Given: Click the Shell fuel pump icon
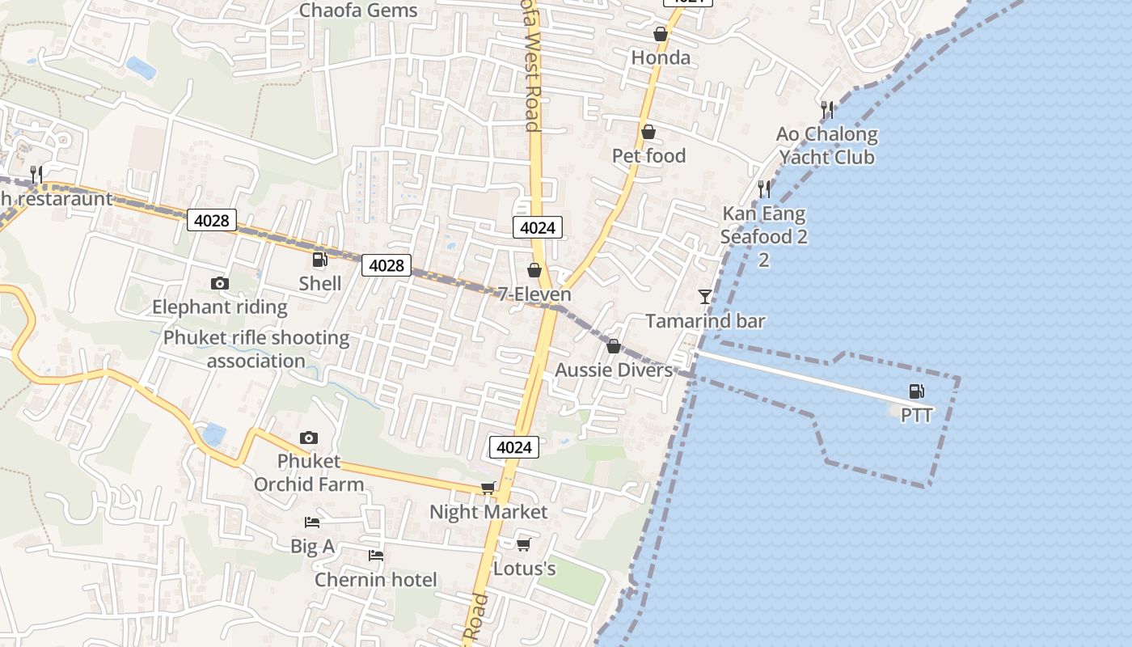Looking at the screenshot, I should (319, 260).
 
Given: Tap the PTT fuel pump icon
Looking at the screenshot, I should (916, 392).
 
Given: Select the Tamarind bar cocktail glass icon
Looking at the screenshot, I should (705, 297).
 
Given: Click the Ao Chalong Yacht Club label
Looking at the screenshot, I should (826, 146).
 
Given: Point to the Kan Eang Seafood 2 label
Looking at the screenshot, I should (763, 226).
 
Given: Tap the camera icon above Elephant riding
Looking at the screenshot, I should (219, 283).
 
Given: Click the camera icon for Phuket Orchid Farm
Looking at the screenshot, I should (308, 438).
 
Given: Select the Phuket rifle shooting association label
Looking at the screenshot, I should (256, 349).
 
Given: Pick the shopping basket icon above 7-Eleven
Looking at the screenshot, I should (534, 269).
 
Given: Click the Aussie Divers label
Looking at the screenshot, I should (614, 370).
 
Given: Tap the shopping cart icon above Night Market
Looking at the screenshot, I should (488, 488).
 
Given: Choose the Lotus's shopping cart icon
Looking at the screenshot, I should (523, 544).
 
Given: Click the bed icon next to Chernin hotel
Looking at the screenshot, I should (375, 555).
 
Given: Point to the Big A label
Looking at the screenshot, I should (312, 547).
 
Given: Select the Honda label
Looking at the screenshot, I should (661, 57).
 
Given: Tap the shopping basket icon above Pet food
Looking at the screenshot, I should (648, 132).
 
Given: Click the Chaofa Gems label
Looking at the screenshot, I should (358, 11).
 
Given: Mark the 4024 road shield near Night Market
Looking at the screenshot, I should (513, 447).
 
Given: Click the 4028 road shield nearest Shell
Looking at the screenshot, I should (386, 264).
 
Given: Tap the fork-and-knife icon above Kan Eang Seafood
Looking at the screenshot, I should (763, 189).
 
